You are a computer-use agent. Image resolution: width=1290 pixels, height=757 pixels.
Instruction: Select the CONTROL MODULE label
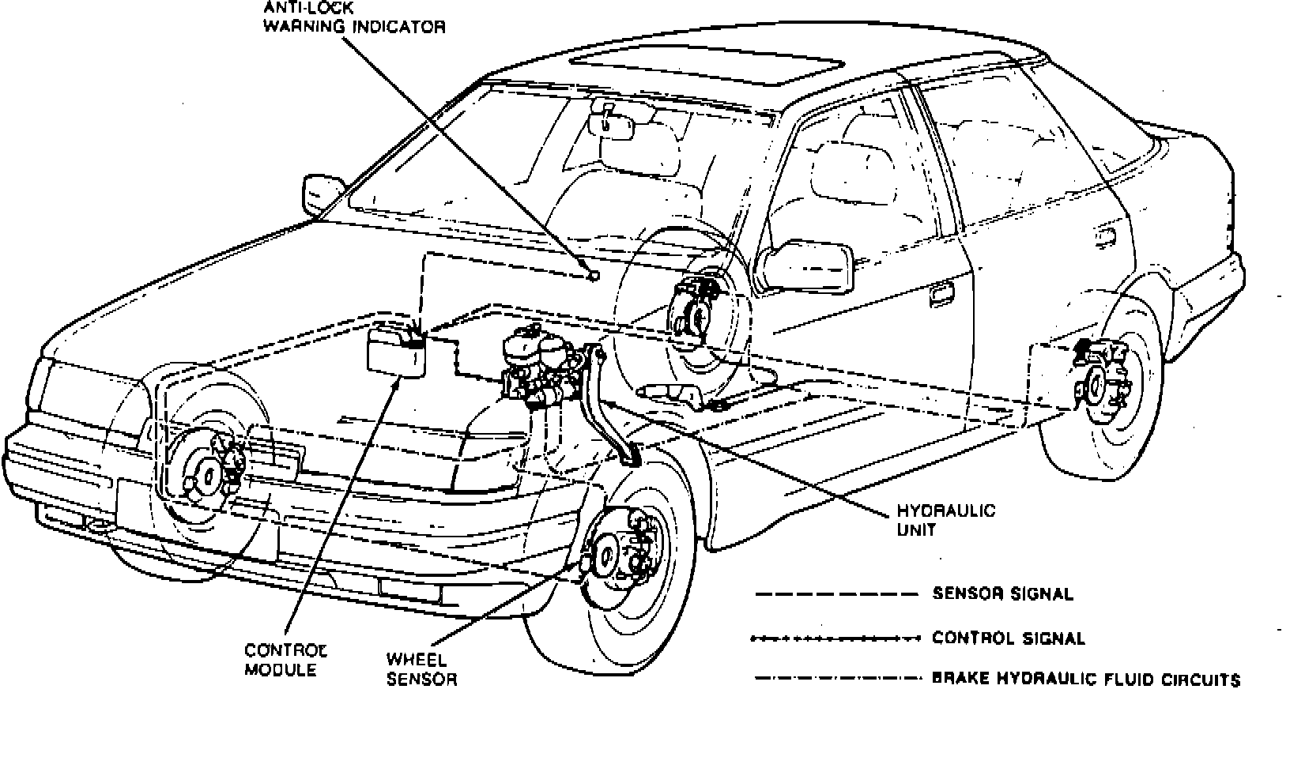tap(285, 660)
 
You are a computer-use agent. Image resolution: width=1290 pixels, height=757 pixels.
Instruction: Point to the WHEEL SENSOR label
tap(421, 668)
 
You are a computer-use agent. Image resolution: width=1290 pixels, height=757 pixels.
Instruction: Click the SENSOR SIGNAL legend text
tap(1002, 593)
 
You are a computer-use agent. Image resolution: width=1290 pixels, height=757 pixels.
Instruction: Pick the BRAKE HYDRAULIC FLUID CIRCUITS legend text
tap(1086, 679)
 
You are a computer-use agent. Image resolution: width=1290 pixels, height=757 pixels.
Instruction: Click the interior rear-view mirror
tap(617, 126)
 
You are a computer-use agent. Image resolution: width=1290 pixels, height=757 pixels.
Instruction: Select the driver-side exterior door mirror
tap(805, 266)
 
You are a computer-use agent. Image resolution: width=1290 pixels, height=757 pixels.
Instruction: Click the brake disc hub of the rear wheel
tap(1096, 386)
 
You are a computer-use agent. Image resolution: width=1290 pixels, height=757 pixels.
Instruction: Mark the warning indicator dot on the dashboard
tap(594, 276)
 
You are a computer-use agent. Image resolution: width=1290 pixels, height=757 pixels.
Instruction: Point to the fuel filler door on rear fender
tap(1105, 235)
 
